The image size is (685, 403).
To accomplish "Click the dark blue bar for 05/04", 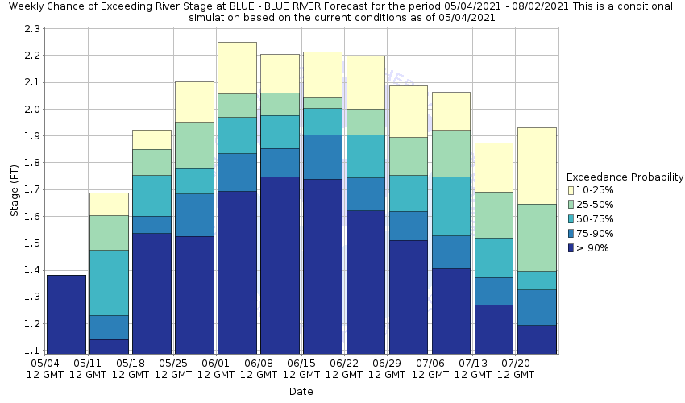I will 66,314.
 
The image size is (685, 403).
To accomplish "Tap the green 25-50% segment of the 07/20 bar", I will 537,237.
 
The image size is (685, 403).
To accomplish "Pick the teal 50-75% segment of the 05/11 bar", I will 109,282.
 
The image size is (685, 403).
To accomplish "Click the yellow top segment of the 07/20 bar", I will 537,165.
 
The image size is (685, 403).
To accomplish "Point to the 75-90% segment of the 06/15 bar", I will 322,156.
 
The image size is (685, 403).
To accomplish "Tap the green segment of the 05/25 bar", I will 194,145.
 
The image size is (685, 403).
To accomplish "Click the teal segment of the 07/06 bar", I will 450,206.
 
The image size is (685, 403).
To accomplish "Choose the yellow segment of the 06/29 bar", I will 408,111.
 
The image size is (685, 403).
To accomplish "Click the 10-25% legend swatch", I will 571,190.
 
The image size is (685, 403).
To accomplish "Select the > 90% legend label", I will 593,248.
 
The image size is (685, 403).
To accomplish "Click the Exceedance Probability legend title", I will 625,177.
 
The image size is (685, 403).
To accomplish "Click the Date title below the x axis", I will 301,392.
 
